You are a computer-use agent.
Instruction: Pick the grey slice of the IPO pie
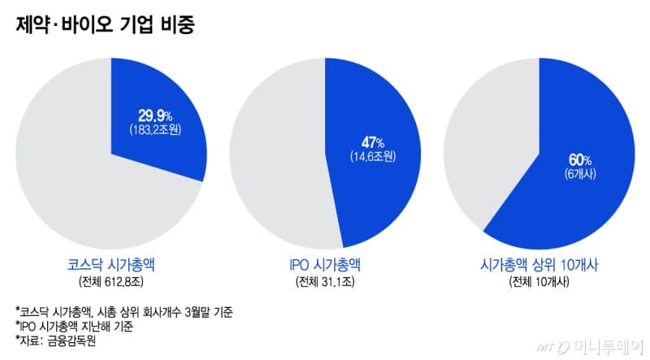click(x=276, y=154)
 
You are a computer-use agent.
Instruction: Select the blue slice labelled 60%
click(x=569, y=187)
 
